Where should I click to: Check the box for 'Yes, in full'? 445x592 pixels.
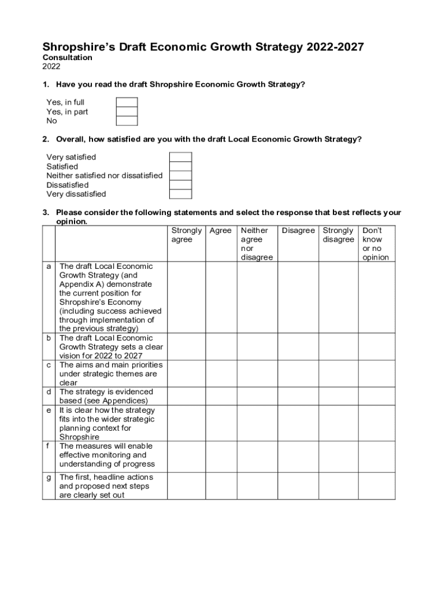pos(127,102)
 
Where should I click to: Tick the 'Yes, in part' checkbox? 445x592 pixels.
pos(127,112)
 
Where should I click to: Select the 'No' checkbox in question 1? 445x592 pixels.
pos(127,121)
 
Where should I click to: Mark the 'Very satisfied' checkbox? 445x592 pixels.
pos(180,157)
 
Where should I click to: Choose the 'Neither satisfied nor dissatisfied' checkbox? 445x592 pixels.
pos(180,175)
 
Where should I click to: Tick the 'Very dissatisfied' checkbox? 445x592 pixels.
pos(180,194)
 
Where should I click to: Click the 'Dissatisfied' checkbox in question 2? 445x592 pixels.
pos(180,185)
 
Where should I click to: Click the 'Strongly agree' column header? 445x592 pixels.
pos(186,235)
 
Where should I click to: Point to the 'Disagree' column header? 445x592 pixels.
pos(298,231)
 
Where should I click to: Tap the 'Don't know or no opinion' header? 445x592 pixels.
pos(375,243)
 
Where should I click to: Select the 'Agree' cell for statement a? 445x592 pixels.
pos(221,297)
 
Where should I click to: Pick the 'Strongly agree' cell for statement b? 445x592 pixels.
pos(187,347)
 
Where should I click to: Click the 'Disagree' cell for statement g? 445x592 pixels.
pos(298,486)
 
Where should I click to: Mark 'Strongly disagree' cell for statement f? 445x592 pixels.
pos(339,454)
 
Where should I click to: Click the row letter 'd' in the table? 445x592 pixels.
pos(49,392)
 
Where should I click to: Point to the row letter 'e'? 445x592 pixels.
pos(49,410)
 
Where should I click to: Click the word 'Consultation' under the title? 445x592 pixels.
pos(68,58)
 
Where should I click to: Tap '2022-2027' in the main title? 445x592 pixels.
pos(335,47)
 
